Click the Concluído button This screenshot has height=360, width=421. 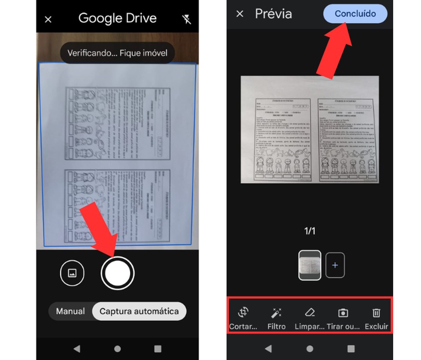click(x=355, y=14)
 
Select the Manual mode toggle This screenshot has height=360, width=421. click(x=71, y=311)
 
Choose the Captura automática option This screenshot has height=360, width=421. click(x=139, y=311)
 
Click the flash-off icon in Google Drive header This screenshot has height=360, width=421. click(x=186, y=19)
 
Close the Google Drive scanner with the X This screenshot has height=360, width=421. click(x=48, y=19)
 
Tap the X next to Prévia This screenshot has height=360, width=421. click(x=240, y=14)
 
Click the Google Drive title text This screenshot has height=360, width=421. click(x=117, y=18)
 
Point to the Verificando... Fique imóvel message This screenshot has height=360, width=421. click(x=117, y=53)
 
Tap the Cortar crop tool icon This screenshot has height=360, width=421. click(x=243, y=313)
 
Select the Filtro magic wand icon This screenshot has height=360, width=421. click(x=276, y=313)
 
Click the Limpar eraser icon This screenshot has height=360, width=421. click(x=309, y=313)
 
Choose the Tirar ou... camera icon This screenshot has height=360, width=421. click(x=343, y=313)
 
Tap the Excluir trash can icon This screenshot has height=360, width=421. click(x=376, y=313)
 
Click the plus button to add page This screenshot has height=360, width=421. click(x=335, y=266)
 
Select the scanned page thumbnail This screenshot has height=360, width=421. click(x=309, y=266)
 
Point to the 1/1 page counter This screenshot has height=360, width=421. click(x=310, y=231)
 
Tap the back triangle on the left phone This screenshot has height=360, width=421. click(x=77, y=349)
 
